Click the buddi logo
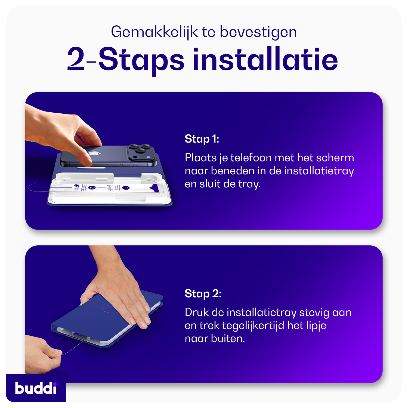coord(36,388)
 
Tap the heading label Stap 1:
coord(202,139)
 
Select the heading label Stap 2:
coord(203,294)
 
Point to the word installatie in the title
coord(265,60)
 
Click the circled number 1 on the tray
coord(126,188)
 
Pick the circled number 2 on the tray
coord(92,187)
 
